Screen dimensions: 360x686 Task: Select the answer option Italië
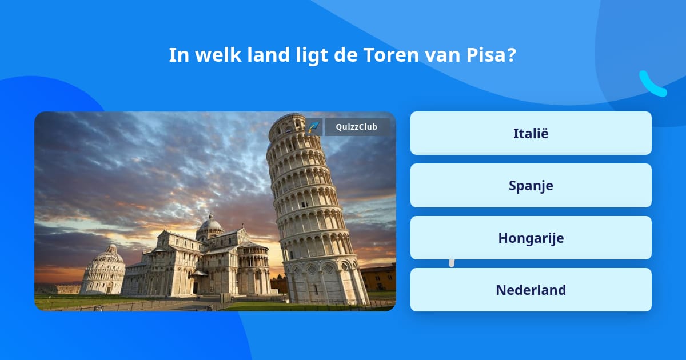tap(531, 133)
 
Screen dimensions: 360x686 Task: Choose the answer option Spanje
tap(531, 186)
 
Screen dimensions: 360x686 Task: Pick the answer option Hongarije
tap(531, 238)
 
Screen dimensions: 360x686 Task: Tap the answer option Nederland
tap(531, 290)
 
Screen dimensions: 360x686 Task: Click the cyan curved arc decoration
tap(652, 84)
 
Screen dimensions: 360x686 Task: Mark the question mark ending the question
tap(512, 55)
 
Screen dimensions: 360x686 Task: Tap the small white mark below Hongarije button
tap(452, 263)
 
